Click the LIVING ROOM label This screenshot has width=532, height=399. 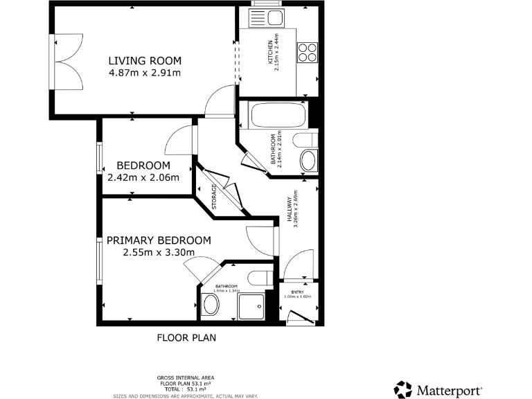pos(144,60)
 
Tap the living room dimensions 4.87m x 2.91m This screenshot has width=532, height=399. pos(145,73)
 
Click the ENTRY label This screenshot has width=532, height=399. pos(297,292)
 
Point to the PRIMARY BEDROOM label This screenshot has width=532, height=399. pos(159,240)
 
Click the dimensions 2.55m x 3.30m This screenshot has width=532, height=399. pos(158,253)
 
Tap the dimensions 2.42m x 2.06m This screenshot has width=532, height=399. pos(143,177)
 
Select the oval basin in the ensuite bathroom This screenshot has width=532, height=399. pos(211,303)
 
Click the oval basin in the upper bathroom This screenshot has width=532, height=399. pos(308,161)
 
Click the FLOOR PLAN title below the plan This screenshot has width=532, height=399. pos(186,339)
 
